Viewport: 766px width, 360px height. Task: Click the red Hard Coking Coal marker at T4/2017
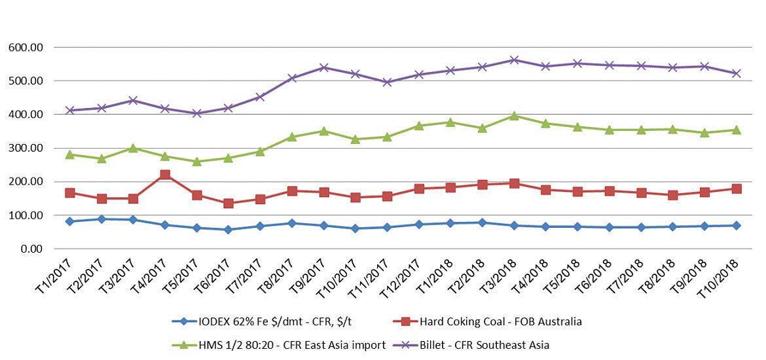tap(165, 175)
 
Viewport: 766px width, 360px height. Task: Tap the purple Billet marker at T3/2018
tap(514, 60)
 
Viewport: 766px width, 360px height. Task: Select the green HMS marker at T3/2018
tap(514, 116)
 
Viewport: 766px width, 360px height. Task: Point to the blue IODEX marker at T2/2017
tap(101, 219)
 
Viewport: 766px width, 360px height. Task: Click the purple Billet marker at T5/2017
tap(196, 113)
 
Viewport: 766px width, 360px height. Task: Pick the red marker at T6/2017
tap(228, 204)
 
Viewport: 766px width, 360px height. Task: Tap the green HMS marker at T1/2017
tap(70, 154)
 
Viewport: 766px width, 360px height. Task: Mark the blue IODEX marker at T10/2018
tap(736, 225)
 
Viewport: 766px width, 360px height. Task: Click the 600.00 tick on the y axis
tap(26, 48)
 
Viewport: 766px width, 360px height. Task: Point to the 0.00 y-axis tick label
tap(32, 249)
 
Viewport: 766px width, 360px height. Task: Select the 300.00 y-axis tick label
tap(26, 149)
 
